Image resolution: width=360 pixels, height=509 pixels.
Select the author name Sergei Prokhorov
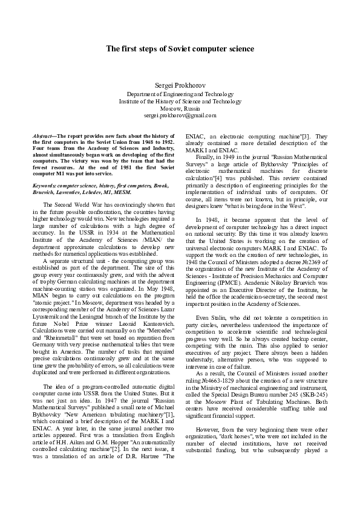tap(180, 85)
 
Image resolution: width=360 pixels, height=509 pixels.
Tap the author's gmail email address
tap(180, 115)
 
